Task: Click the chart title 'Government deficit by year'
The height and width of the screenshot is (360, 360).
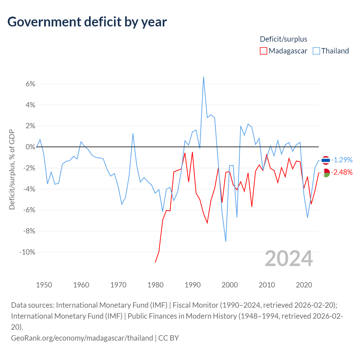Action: coord(87,22)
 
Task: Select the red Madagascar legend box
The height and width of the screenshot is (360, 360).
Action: coord(264,51)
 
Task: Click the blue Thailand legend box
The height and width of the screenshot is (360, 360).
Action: coord(316,51)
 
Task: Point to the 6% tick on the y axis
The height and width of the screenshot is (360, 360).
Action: coord(30,84)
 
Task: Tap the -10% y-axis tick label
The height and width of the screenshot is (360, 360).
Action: coord(27,252)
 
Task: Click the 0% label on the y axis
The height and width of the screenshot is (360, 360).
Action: coord(30,147)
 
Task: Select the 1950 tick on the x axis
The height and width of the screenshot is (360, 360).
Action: coord(44,285)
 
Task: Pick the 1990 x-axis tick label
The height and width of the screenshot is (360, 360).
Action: coord(193,285)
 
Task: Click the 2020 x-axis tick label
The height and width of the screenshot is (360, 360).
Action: coord(304,285)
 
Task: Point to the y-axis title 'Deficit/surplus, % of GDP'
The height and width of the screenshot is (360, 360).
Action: coord(12,169)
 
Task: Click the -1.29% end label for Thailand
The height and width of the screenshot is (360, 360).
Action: coord(342,160)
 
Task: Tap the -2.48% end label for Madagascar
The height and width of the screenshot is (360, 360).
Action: coord(342,172)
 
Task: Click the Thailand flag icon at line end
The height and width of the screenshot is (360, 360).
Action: coord(326,160)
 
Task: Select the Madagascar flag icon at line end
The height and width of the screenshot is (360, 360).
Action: coord(326,173)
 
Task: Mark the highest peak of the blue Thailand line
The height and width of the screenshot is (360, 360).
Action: coord(203,77)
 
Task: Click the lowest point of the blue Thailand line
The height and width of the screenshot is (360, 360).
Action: coord(226,242)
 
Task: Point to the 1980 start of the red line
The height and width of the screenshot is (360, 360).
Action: coord(155,262)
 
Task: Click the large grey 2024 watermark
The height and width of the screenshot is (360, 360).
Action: coord(289,259)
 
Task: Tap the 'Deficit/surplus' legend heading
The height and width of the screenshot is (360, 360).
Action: coord(283,39)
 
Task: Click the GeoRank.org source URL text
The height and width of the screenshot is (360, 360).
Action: coord(82,338)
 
